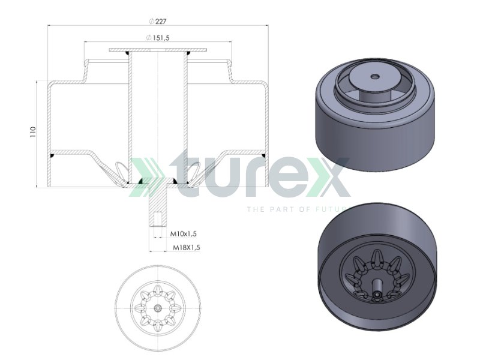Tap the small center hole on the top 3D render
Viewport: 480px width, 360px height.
375,76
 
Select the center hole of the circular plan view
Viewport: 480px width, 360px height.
157,307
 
